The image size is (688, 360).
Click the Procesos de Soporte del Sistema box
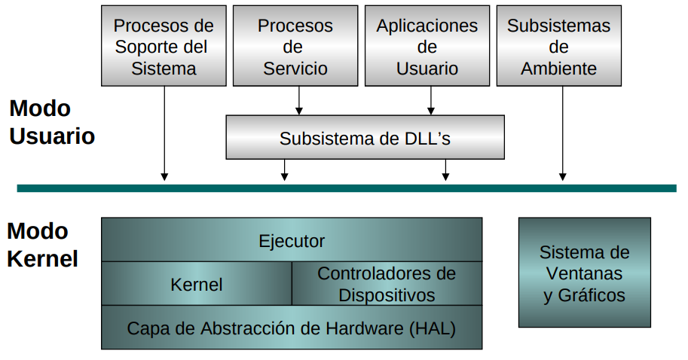point(164,45)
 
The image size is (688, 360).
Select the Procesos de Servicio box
point(295,45)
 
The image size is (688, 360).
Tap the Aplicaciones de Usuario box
point(427,45)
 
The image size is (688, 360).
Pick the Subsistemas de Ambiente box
point(559,45)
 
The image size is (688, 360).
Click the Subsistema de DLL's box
point(365,137)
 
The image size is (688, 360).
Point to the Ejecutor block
point(292,240)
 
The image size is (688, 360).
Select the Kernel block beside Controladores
point(197,284)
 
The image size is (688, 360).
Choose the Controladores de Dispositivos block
point(387,284)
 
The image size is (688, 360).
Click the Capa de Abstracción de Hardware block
point(292,328)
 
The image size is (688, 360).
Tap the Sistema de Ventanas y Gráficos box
point(584,273)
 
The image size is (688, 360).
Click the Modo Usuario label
point(51,122)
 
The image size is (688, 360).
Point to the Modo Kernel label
point(42,245)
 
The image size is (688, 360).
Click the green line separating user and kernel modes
point(347,188)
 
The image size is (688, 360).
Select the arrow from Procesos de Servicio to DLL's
point(299,100)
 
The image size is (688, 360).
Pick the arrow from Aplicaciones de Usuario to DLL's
point(431,100)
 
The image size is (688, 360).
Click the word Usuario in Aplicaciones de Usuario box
point(427,69)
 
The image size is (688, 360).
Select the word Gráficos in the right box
point(592,295)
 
